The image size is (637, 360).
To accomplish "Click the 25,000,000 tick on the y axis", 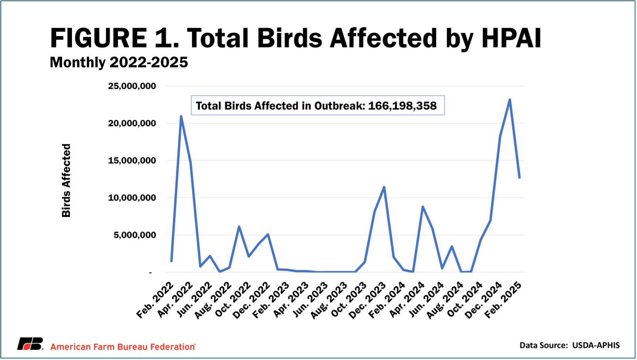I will pos(132,86).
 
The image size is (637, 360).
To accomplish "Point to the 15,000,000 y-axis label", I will pos(132,161).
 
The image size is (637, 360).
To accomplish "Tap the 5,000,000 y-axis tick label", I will pos(135,235).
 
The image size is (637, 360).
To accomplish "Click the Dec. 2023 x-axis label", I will pos(368,300).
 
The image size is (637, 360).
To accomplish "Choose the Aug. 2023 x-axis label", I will pos(329,300).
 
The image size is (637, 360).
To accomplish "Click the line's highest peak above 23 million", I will pos(510,100).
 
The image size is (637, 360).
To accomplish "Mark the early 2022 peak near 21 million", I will pos(181,116).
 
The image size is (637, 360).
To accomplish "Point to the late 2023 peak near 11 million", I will pos(384,187).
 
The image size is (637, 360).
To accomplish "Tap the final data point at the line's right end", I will pos(519,177).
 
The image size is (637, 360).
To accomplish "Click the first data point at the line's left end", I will pos(171,261).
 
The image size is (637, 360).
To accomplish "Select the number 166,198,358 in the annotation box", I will pos(402,106).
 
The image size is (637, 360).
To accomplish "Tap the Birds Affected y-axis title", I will pos(66,180).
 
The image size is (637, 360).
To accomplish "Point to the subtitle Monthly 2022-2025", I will pos(119,63).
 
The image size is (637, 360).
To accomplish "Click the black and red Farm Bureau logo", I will pos(30,344).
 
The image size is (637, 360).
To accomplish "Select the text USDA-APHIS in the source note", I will pos(596,345).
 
